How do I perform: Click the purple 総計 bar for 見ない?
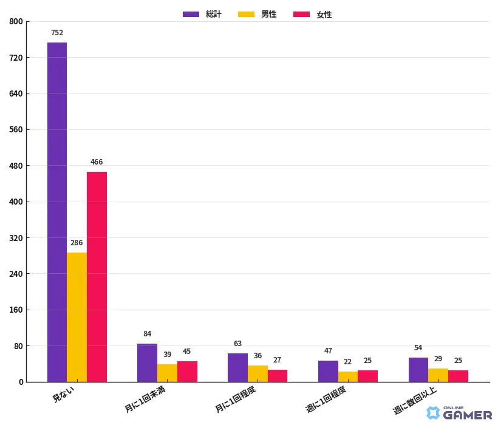tap(57, 212)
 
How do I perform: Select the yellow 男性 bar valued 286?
tap(77, 317)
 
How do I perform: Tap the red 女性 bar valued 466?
tap(97, 277)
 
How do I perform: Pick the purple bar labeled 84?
tap(147, 363)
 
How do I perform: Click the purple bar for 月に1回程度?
tap(237, 368)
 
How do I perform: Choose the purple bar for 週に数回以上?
tap(418, 370)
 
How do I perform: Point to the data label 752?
tap(57, 33)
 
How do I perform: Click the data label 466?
tap(97, 162)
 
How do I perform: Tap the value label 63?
tap(237, 344)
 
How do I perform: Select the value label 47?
tap(328, 351)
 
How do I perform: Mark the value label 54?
tap(418, 348)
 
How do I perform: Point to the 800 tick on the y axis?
tap(16, 22)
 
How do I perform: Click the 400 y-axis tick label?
tap(16, 202)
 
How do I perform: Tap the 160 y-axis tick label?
tap(16, 310)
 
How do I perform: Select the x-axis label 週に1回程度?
tap(326, 399)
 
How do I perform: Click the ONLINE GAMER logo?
tap(459, 413)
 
